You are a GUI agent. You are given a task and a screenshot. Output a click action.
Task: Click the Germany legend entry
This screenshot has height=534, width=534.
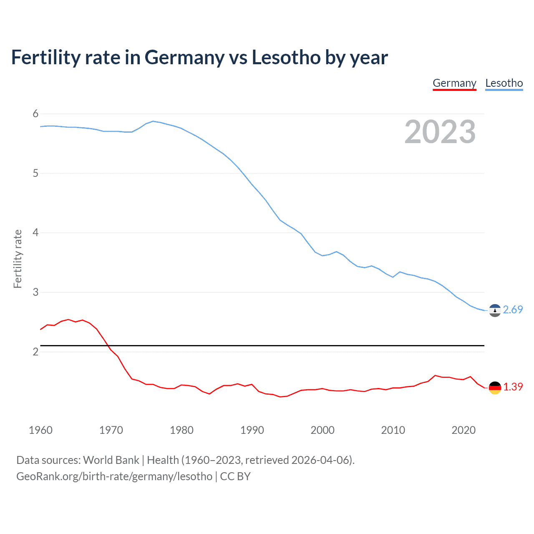click(454, 83)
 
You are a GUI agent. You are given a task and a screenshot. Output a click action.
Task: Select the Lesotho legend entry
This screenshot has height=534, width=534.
click(504, 83)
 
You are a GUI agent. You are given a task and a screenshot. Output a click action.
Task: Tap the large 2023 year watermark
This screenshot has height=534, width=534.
click(440, 132)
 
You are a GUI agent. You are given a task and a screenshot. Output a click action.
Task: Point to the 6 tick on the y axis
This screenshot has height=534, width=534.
click(35, 114)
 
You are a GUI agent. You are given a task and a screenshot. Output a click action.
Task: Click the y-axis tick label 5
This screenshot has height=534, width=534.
click(35, 173)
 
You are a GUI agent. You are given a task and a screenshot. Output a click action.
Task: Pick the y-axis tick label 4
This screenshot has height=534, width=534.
click(35, 233)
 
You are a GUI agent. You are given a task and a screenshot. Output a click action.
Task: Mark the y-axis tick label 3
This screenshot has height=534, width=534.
click(35, 292)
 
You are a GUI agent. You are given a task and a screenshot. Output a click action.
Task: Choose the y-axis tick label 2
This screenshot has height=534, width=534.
click(35, 352)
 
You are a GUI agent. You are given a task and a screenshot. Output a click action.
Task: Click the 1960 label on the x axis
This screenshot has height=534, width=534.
click(40, 430)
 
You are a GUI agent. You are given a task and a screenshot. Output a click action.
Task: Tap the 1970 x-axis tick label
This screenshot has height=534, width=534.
click(111, 430)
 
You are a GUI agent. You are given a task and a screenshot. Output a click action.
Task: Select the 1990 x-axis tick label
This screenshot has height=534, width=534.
click(252, 430)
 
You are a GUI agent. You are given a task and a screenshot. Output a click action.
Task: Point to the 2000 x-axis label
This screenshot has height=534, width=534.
click(322, 430)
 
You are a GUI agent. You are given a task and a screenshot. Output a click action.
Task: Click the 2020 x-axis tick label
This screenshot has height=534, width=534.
click(463, 430)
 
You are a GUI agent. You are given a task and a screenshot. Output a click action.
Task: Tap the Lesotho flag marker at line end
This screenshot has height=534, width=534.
click(495, 310)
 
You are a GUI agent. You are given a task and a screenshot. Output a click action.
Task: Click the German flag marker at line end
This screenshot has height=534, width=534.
click(495, 388)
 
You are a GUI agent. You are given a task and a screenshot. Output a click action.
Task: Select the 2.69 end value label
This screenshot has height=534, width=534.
click(513, 310)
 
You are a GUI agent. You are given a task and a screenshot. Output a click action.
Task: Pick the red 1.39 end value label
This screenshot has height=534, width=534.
click(513, 387)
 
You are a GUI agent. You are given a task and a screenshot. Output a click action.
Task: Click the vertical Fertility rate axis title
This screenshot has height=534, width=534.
click(18, 259)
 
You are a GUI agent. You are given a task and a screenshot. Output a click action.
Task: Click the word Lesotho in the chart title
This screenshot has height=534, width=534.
click(286, 58)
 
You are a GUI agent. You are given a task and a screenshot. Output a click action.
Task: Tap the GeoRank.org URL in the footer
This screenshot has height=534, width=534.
click(114, 476)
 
